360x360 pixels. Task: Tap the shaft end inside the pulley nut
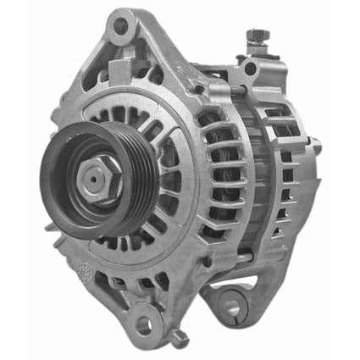[91, 177]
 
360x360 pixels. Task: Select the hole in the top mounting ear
[120, 25]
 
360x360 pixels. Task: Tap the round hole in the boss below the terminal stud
[249, 68]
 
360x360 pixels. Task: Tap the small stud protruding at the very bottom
[178, 339]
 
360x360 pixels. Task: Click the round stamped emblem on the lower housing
[86, 272]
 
